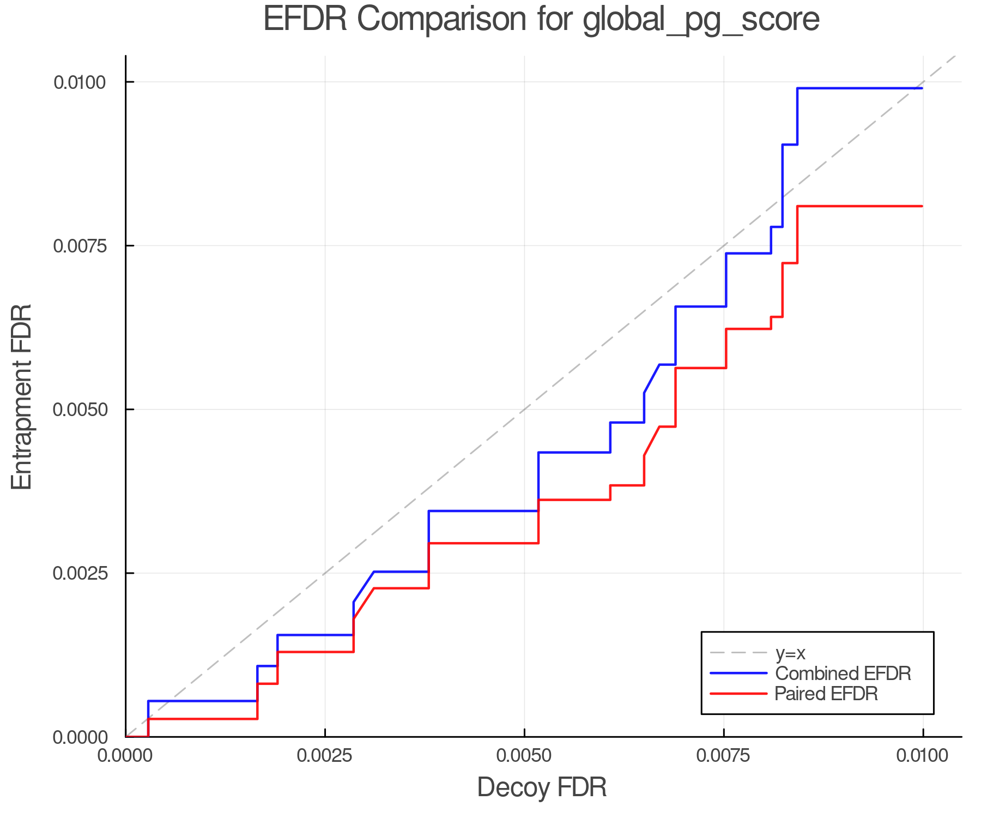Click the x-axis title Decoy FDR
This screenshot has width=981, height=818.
click(x=542, y=787)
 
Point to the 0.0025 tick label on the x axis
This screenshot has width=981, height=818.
click(x=325, y=756)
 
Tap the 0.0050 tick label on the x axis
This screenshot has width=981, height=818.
click(x=524, y=756)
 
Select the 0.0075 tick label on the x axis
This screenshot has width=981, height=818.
click(x=724, y=756)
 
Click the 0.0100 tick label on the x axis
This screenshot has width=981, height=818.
click(x=923, y=756)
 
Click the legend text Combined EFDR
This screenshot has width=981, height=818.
click(x=843, y=673)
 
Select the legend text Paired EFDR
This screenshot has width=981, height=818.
click(x=826, y=694)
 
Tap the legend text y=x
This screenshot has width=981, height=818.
click(x=790, y=653)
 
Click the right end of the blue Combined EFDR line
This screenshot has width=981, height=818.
click(x=922, y=88)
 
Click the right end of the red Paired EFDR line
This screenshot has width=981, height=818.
click(x=922, y=206)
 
